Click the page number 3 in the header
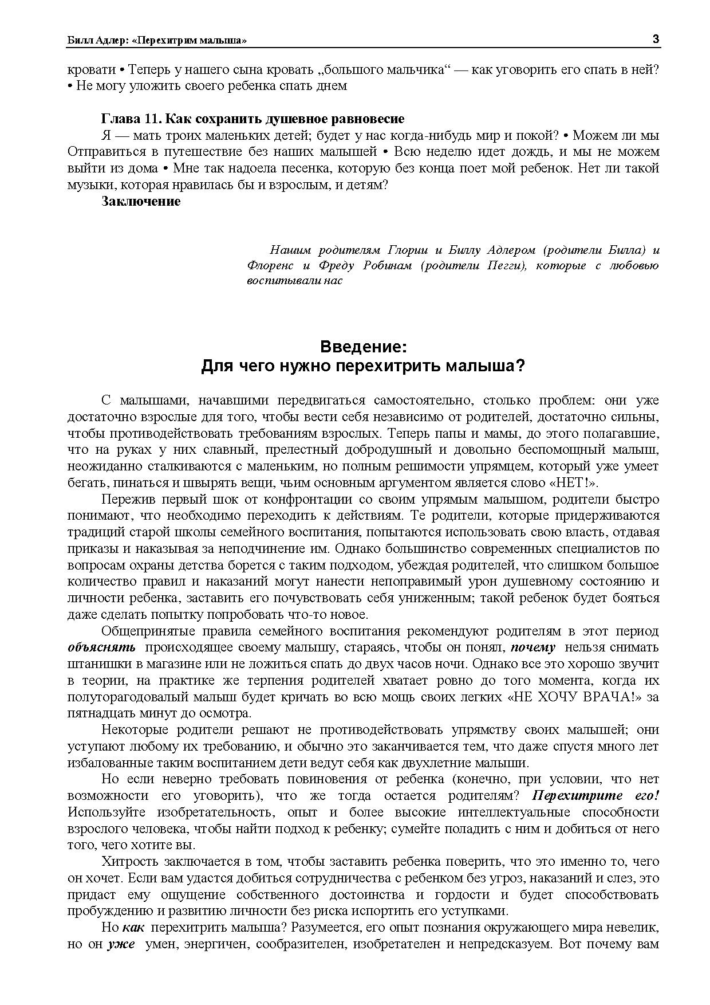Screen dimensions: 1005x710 point(656,39)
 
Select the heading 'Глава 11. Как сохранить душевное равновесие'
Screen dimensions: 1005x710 point(253,119)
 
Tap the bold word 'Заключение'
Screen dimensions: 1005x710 point(141,201)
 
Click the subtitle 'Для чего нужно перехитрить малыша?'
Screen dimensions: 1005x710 point(363,366)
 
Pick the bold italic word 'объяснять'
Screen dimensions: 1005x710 point(101,647)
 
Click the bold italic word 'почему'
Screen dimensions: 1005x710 point(533,647)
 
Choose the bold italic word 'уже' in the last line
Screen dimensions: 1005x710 point(121,944)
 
